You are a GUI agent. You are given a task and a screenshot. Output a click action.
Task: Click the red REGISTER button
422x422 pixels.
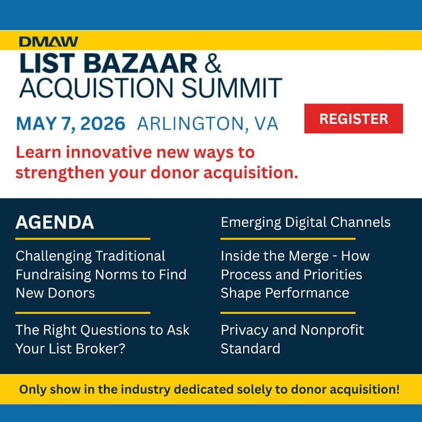click(x=353, y=119)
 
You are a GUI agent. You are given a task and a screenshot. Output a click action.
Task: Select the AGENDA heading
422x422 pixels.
click(x=55, y=222)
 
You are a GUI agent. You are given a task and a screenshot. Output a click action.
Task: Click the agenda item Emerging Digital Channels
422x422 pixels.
click(x=305, y=222)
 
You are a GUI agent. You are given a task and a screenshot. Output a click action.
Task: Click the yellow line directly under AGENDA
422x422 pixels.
click(x=83, y=239)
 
